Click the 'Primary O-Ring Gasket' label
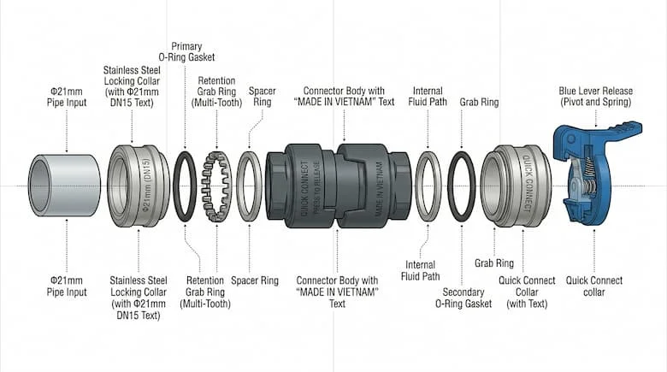click(x=186, y=52)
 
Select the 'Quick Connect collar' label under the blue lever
click(x=594, y=286)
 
